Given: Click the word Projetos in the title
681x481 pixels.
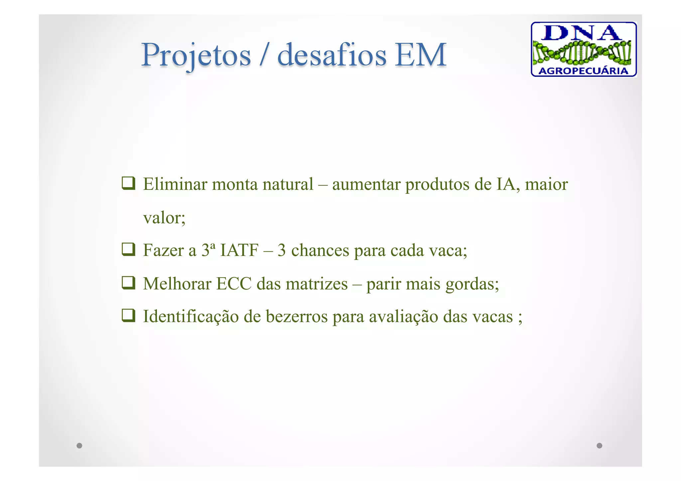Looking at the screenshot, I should (x=196, y=55).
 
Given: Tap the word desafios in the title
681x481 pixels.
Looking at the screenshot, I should (x=332, y=55).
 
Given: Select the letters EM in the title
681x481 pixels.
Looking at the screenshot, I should (x=420, y=55).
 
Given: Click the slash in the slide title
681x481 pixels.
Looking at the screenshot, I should (x=264, y=55).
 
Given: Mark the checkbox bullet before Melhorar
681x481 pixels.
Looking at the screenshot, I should (x=128, y=283).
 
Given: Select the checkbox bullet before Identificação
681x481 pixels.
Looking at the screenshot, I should (x=128, y=315).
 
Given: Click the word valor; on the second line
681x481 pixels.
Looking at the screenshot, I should (x=164, y=218).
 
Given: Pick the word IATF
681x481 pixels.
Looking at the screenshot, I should (x=239, y=250).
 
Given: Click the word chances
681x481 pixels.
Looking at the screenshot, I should (x=320, y=250).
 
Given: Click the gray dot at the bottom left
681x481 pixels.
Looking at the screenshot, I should (x=79, y=445).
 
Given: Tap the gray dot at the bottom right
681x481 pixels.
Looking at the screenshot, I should (x=599, y=445).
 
